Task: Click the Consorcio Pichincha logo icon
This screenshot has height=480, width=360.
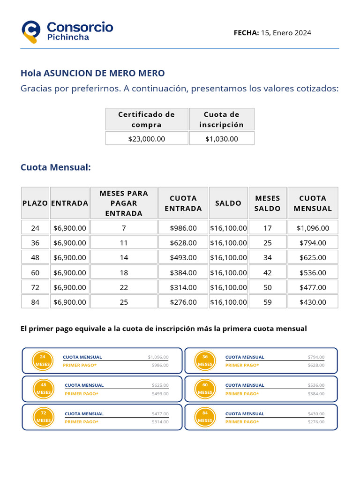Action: coord(31,31)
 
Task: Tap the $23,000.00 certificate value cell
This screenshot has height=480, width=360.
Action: coord(147,139)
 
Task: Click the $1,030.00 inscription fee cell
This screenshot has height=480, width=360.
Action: coord(222,139)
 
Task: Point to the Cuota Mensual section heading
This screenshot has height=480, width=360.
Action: coord(55,167)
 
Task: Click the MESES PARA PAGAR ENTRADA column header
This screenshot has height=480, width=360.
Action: coord(124,203)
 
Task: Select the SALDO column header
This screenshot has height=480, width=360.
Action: coord(228,203)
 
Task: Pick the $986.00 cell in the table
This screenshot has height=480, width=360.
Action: coord(183,228)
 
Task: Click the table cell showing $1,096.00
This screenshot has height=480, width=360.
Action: coord(313,228)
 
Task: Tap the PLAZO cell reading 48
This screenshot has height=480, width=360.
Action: coord(35,257)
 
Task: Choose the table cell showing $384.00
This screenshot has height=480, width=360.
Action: coord(183,272)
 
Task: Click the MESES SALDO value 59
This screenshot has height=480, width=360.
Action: coord(267,302)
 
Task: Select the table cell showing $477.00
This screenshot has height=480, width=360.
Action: coord(313,287)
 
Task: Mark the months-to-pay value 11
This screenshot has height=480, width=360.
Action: coord(124,243)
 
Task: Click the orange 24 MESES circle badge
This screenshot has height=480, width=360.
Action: coord(42,360)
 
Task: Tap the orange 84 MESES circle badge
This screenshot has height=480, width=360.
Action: coord(205,417)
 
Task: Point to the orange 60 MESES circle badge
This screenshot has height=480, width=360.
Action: coord(205,389)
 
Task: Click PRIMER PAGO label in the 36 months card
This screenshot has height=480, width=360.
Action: coord(242,365)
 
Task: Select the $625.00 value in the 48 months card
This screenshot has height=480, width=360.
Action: coord(160,385)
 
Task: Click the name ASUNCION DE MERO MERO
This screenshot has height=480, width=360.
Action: coord(104,73)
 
